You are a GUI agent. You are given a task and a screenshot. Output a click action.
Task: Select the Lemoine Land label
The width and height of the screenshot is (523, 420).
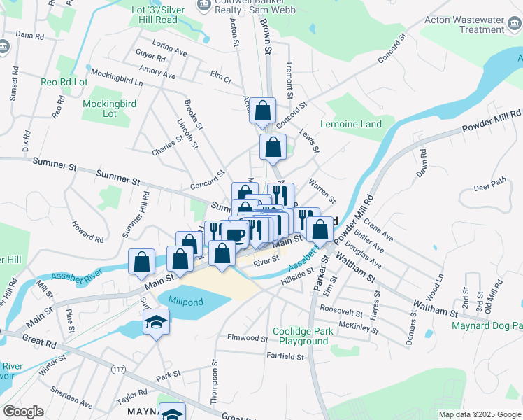[351, 124]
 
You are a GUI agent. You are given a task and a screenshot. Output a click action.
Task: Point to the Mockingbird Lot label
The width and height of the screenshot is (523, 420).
[109, 108]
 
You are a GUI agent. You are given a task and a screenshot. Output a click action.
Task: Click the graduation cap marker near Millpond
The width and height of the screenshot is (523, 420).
[156, 323]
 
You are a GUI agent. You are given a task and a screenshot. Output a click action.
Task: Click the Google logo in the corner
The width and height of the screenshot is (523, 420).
[23, 412]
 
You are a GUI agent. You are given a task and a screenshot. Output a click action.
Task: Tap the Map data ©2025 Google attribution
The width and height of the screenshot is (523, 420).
[479, 414]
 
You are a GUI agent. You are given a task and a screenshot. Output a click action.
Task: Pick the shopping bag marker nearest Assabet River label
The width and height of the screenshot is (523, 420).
[142, 262]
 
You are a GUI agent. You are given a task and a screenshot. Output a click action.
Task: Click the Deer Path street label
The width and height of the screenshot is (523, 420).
[489, 188]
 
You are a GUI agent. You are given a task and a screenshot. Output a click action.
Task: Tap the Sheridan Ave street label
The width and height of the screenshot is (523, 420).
[71, 399]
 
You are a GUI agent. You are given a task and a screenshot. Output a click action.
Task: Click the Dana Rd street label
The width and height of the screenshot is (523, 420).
[29, 34]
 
